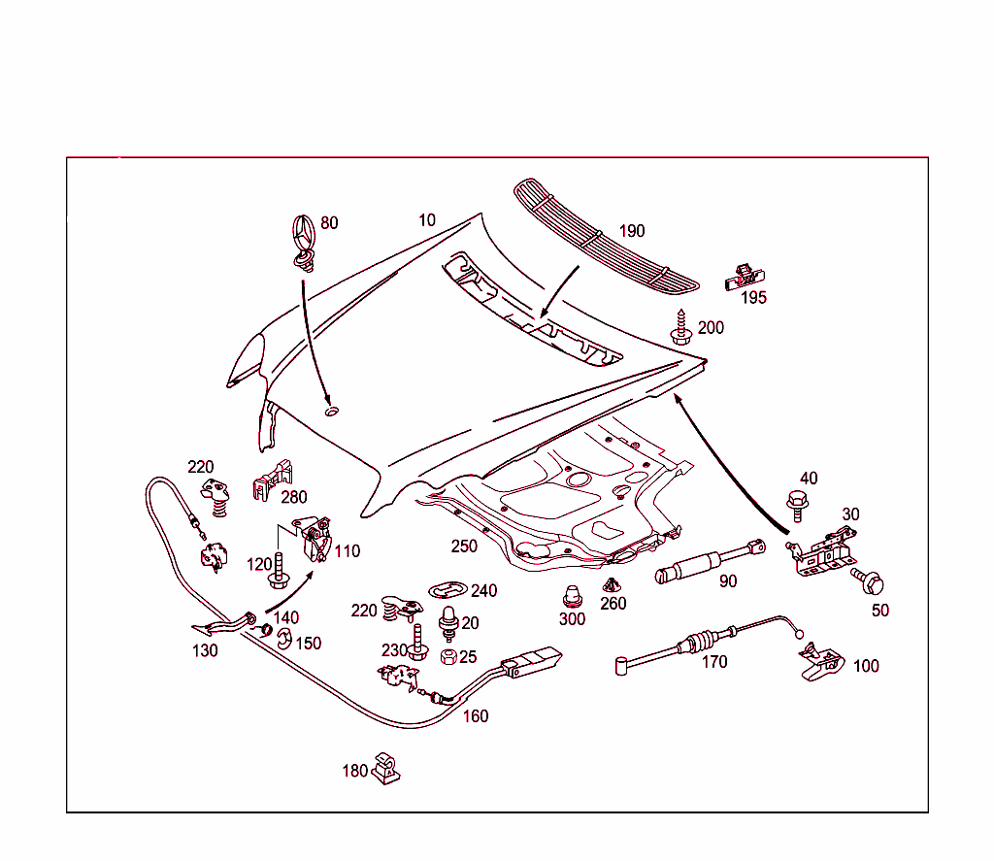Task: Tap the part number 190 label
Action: (x=631, y=231)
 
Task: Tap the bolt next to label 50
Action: (x=870, y=582)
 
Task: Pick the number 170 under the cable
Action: (x=714, y=662)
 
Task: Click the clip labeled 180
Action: (x=385, y=766)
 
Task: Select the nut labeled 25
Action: (x=448, y=657)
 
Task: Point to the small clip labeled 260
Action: (x=612, y=585)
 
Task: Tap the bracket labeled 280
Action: (x=274, y=478)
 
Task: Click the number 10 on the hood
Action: (x=427, y=220)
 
